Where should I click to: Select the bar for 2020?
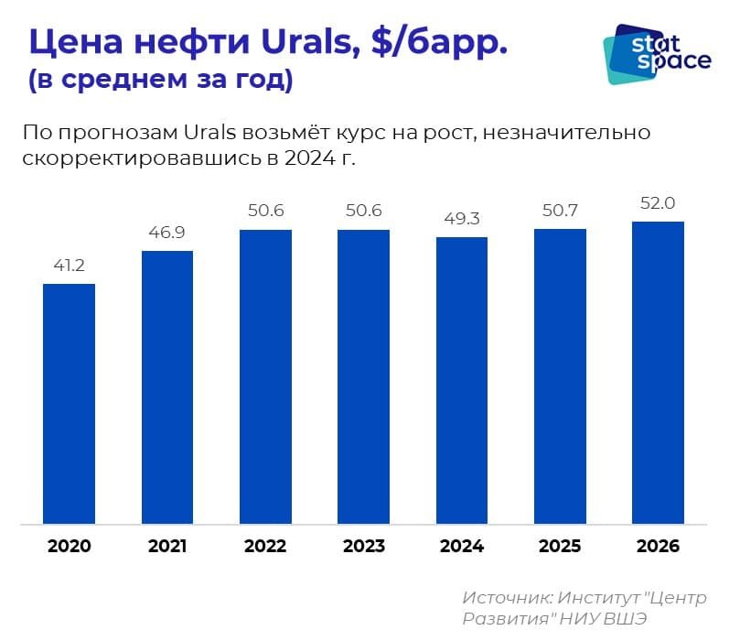tap(70, 404)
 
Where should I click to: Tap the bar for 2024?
tap(462, 381)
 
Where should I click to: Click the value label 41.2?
tap(70, 266)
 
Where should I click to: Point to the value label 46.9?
tap(167, 233)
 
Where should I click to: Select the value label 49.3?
tap(462, 219)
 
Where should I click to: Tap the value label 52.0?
tap(659, 203)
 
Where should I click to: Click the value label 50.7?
tap(560, 211)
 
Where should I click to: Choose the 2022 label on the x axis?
tap(265, 547)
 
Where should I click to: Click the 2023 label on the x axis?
tap(364, 547)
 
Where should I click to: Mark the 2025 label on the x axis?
tap(560, 547)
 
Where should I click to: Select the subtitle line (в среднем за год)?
tap(160, 80)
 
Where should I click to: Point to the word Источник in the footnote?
tap(507, 597)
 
